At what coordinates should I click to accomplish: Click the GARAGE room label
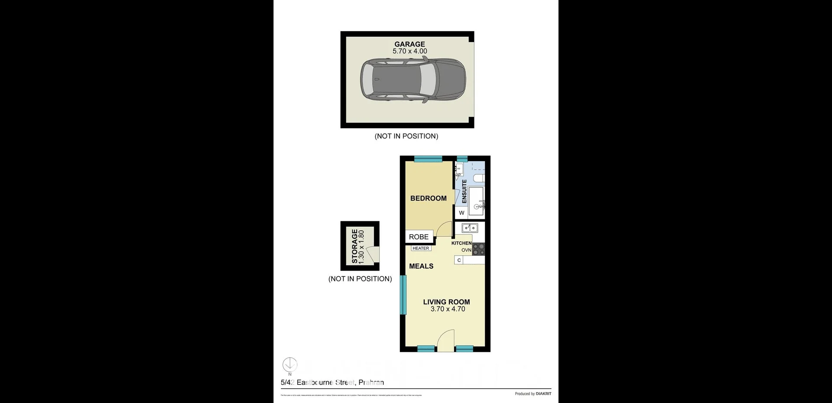pos(409,44)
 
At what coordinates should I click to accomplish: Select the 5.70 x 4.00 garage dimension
pos(409,51)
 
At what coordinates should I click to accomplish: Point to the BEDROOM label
pos(428,198)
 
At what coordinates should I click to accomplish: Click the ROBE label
pos(419,237)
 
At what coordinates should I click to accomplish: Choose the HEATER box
pos(421,248)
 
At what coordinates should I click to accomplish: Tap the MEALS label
pos(421,266)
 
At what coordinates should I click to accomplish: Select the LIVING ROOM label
pos(446,302)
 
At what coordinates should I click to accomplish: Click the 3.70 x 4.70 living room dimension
pos(448,309)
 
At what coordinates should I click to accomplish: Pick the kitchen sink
pos(469,228)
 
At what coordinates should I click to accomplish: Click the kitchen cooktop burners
pos(478,249)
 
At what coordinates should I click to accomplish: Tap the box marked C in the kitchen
pos(459,260)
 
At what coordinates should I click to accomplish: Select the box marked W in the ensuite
pos(461,213)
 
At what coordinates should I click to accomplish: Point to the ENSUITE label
pos(465,191)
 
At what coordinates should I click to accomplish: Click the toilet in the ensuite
pos(478,178)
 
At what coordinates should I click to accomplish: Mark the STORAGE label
pos(355,246)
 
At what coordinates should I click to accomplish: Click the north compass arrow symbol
pos(290,364)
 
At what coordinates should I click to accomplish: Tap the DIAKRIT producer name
pos(543,394)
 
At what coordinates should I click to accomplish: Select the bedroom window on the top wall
pos(428,159)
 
